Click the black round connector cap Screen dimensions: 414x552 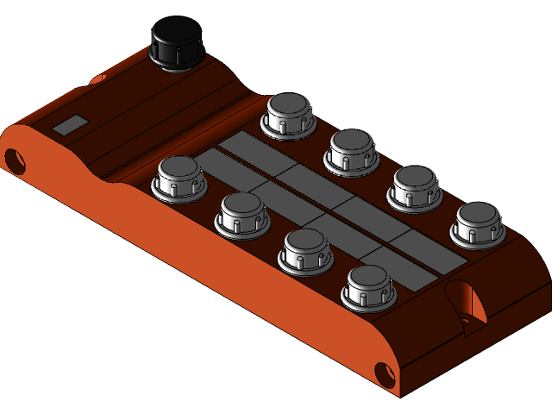pyautogui.click(x=178, y=39)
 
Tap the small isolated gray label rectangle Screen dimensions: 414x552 pyautogui.click(x=69, y=125)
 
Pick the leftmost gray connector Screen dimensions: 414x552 pyautogui.click(x=178, y=177)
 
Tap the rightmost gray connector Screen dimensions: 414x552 pyautogui.click(x=480, y=222)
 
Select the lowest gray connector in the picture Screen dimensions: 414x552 pyautogui.click(x=369, y=285)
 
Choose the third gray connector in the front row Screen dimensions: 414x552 pyautogui.click(x=306, y=249)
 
